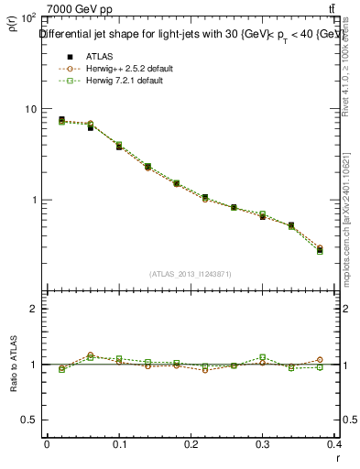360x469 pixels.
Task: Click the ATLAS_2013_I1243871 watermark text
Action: (191, 274)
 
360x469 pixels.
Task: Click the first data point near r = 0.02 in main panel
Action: (61, 120)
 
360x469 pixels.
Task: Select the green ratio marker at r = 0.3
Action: (263, 357)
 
